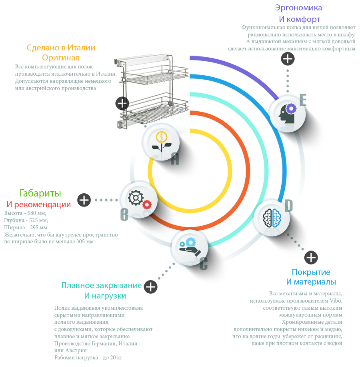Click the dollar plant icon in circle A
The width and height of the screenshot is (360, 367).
(x=162, y=142)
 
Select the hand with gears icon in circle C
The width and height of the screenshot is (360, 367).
(x=190, y=247)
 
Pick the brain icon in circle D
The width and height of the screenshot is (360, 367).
(x=272, y=218)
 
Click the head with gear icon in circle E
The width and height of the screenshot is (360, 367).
(x=288, y=114)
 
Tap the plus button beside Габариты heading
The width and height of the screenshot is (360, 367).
(x=84, y=200)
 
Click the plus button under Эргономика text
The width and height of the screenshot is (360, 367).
(x=288, y=58)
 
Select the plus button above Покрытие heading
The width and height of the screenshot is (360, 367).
(x=311, y=258)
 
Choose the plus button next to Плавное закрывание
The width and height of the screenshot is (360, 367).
(x=151, y=287)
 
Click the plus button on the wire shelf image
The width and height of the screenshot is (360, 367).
(x=122, y=103)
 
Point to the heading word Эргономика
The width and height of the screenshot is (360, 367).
(x=298, y=8)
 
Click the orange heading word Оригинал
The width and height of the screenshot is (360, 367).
(x=61, y=58)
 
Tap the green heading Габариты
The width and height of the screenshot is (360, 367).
(x=40, y=193)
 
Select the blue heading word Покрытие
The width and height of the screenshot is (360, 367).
(x=311, y=272)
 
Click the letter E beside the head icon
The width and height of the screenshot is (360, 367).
(x=303, y=100)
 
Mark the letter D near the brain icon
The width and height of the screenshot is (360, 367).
(x=289, y=206)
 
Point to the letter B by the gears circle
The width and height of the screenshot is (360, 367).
(x=124, y=215)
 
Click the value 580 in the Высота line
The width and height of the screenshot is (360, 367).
(x=32, y=213)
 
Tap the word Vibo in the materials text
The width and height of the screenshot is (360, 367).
(x=336, y=301)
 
